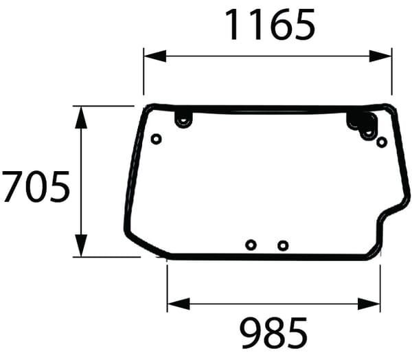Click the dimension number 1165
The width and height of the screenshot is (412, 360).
click(271, 25)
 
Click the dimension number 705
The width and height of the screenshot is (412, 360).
click(36, 187)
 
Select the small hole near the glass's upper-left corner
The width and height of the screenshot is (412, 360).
click(156, 139)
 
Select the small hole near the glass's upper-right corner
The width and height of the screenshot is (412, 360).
click(382, 142)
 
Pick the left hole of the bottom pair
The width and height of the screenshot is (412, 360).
click(251, 245)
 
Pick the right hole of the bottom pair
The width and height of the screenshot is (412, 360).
click(283, 245)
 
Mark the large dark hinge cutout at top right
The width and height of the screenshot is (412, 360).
click(362, 124)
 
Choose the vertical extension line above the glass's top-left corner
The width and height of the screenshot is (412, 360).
click(144, 76)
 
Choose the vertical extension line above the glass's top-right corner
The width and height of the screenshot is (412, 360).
click(391, 76)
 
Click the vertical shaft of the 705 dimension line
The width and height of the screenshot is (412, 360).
click(82, 181)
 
